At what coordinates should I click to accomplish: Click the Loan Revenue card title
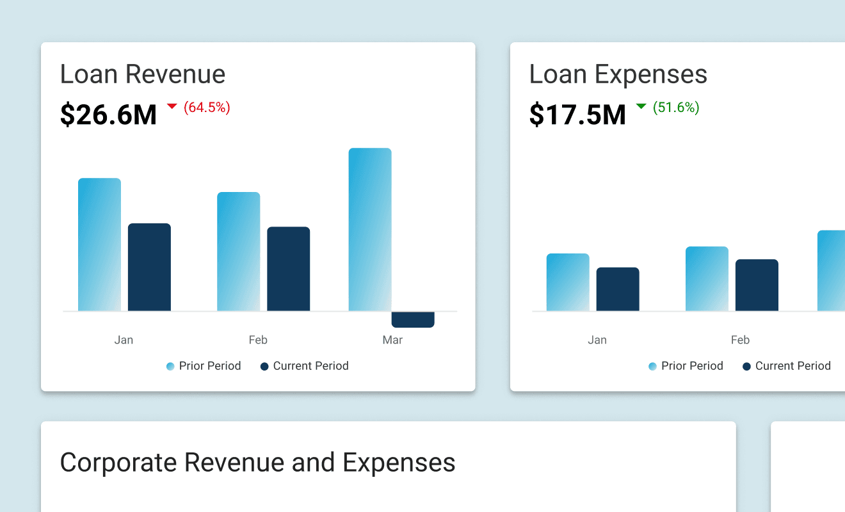click(x=143, y=74)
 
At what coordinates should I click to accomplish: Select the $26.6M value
click(x=108, y=115)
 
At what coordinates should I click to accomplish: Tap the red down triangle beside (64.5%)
click(x=172, y=106)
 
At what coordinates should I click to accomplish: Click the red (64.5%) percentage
click(x=207, y=108)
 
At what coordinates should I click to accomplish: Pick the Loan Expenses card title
click(x=618, y=74)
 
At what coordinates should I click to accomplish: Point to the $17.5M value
click(x=577, y=115)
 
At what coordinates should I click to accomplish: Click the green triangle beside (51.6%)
click(x=641, y=106)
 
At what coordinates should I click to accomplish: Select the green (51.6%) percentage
click(x=676, y=108)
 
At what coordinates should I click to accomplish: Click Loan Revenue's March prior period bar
click(x=369, y=230)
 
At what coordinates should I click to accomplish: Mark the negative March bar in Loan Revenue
click(x=413, y=319)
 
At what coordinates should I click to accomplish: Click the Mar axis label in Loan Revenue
click(x=392, y=340)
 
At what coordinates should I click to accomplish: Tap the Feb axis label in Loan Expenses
click(x=740, y=340)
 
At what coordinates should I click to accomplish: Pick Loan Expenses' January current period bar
click(x=618, y=289)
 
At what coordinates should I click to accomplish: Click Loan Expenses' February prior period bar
click(x=707, y=279)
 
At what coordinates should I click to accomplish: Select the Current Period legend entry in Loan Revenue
click(x=305, y=366)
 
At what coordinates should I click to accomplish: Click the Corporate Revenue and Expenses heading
click(x=257, y=462)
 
